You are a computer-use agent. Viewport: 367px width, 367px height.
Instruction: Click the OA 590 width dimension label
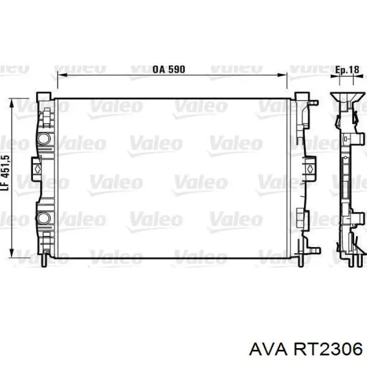[169, 70]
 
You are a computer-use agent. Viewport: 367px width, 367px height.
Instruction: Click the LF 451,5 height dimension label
[6, 172]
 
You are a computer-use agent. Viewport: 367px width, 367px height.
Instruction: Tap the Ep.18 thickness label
[347, 70]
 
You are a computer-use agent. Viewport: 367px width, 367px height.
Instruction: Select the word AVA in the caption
[268, 350]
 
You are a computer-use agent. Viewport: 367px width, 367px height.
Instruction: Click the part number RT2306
[328, 350]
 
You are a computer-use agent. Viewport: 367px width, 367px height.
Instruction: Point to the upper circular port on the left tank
[44, 138]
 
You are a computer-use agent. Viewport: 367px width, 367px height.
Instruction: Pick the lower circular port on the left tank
[44, 218]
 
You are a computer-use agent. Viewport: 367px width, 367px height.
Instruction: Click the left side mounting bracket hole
[37, 168]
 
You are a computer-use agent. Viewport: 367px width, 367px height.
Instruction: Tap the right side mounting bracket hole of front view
[310, 168]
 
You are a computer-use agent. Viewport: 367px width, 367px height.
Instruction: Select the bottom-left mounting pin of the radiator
[45, 260]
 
